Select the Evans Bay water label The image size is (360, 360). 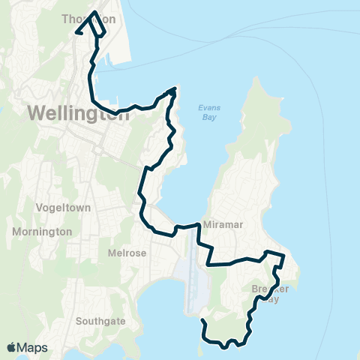click(x=209, y=112)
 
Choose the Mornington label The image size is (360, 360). click(x=42, y=232)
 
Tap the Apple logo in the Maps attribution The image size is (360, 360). click(x=12, y=347)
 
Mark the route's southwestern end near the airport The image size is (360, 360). click(x=203, y=321)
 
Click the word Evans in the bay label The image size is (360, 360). click(x=209, y=107)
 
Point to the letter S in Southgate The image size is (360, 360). click(x=79, y=321)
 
